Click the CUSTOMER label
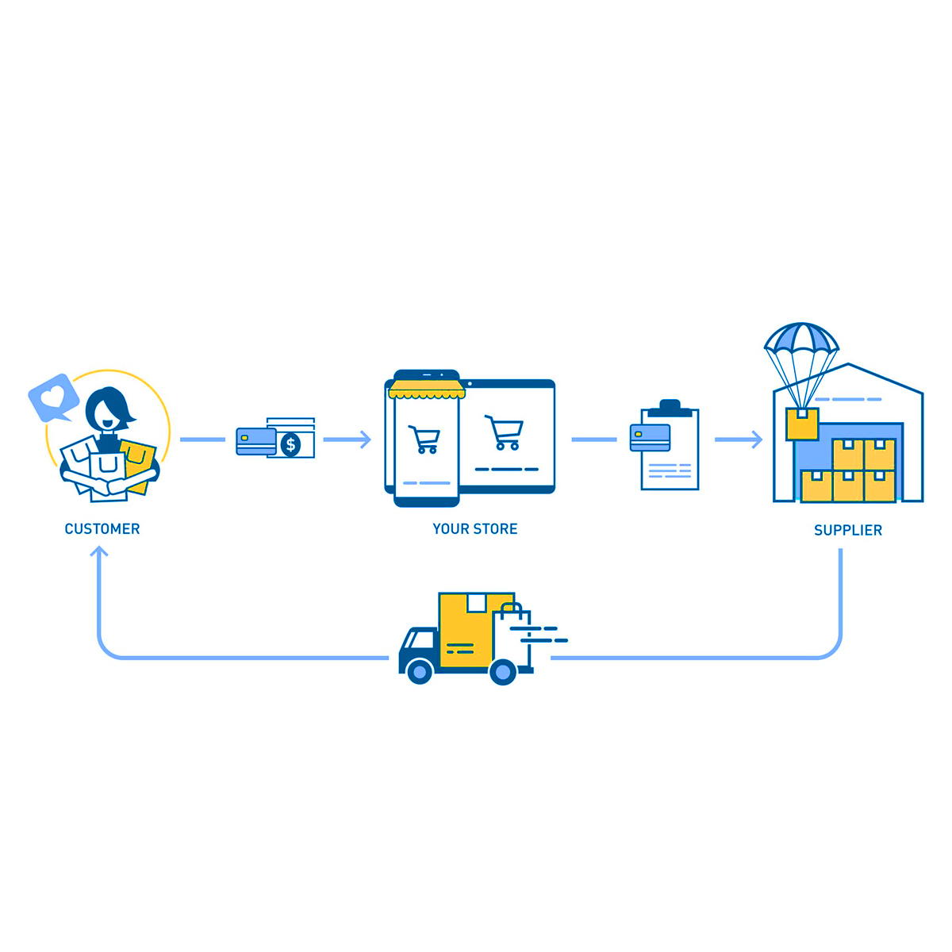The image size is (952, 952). point(102,529)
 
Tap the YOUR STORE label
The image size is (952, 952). point(474,529)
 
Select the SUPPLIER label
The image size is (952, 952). point(847,531)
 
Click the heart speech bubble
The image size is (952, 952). point(53,397)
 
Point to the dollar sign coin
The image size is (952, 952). point(291,445)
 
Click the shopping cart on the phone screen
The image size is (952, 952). point(424,439)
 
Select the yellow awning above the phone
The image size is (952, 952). point(426,390)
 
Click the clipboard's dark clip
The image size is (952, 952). point(670,408)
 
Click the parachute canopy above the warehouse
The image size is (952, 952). point(801,339)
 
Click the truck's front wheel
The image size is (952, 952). point(419,672)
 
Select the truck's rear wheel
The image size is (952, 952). point(503,672)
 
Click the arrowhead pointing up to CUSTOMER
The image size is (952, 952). point(99,551)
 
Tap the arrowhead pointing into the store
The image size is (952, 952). point(365,440)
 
